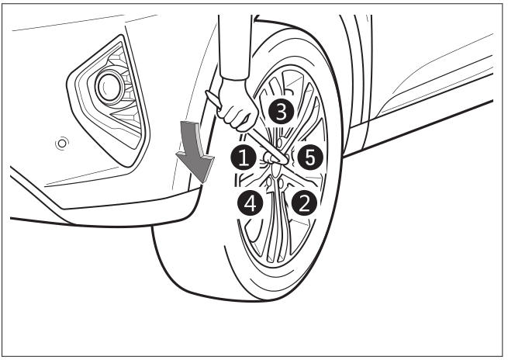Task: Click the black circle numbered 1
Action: pos(244,158)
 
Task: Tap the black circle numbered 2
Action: pos(304,202)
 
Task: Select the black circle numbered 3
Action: pos(281,112)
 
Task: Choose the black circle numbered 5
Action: pos(310,157)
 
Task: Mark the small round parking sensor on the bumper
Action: pos(61,143)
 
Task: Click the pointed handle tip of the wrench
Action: pos(209,94)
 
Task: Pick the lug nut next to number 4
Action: pos(269,183)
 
